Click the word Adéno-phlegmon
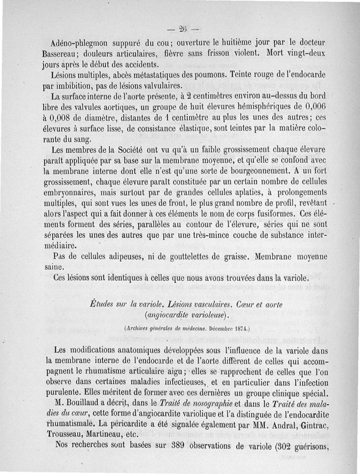(x=79, y=44)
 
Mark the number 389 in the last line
(x=182, y=446)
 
